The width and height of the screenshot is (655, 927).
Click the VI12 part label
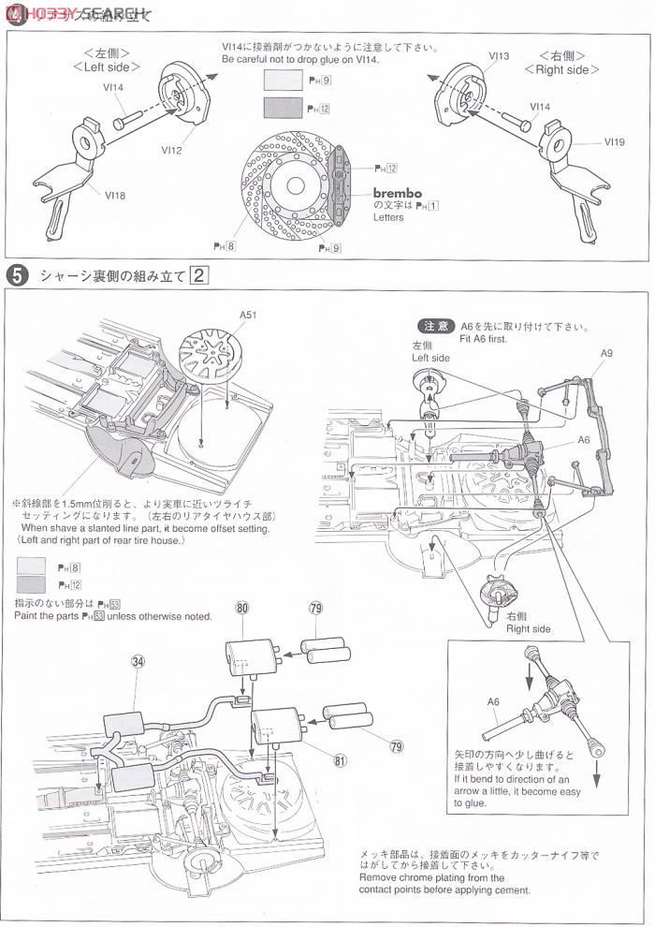point(172,149)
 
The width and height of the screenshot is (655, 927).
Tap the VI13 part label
point(498,57)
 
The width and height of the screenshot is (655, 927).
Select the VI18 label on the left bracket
point(115,196)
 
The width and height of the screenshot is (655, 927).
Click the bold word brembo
point(399,193)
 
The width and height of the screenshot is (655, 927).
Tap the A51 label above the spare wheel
point(248,316)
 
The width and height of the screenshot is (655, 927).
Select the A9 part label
point(606,353)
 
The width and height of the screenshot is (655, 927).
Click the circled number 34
point(138,662)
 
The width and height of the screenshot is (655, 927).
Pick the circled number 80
point(242,608)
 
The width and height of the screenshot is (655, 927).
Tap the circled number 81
point(339,760)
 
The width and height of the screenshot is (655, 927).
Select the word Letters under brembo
point(387,217)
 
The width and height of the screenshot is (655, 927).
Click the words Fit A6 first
point(484,339)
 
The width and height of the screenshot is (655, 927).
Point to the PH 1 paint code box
point(432,205)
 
